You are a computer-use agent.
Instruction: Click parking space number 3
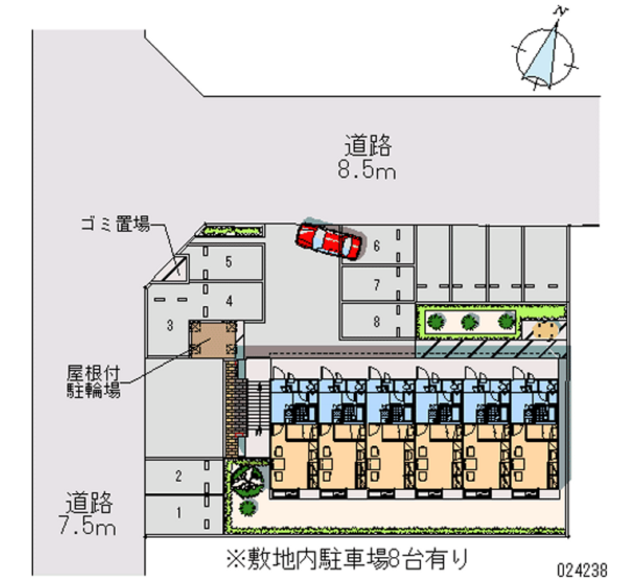click(171, 324)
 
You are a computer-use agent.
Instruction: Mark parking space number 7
click(377, 283)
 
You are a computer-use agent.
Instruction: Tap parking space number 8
click(377, 321)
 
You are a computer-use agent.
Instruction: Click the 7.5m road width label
click(90, 514)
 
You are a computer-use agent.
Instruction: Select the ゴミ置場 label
click(115, 225)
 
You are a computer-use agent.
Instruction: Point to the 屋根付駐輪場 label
click(93, 382)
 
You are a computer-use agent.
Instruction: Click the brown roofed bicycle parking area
click(212, 338)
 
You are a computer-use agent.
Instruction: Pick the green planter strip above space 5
click(232, 231)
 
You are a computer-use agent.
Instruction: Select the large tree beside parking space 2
click(247, 479)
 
